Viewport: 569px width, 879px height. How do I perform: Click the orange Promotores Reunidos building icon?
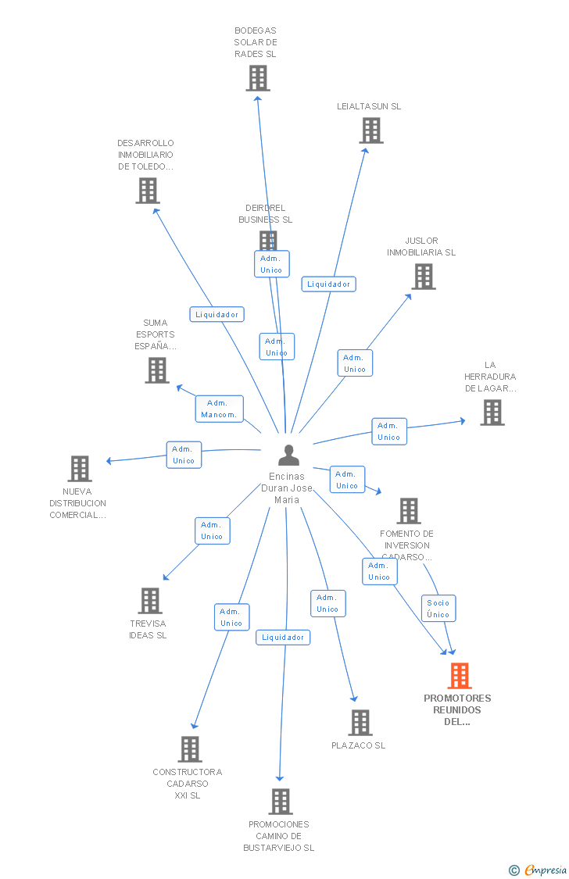coord(460,676)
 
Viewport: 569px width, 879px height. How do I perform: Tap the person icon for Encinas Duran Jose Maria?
coord(288,456)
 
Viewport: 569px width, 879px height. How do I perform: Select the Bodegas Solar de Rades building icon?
coord(258,78)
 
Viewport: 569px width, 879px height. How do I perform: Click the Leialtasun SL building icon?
coord(371,130)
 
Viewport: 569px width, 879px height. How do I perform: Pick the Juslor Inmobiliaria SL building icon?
coord(423,277)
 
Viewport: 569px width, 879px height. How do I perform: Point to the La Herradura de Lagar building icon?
coord(492,413)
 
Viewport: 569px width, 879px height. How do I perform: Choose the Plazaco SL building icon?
coord(360,723)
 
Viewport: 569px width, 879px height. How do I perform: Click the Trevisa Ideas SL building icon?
coord(149,601)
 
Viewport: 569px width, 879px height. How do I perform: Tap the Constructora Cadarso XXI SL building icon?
coord(189,749)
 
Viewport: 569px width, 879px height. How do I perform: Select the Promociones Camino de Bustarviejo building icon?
coord(280,802)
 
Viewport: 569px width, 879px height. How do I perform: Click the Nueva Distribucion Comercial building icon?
coord(80,469)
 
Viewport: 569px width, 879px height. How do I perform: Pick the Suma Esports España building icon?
coord(157,370)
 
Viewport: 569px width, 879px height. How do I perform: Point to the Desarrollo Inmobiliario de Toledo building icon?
coord(147,191)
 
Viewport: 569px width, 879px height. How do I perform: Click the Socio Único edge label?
coord(438,608)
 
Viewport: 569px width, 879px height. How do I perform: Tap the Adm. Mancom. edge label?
coord(218,409)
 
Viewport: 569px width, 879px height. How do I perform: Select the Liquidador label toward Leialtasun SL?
coord(328,284)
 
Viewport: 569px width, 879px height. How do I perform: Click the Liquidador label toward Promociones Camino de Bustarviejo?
coord(283,638)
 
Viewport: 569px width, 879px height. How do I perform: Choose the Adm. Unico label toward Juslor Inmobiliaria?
coord(355,363)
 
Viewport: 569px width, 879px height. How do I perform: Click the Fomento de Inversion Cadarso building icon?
coord(408,511)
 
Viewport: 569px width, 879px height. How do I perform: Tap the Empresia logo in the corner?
coord(539,870)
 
